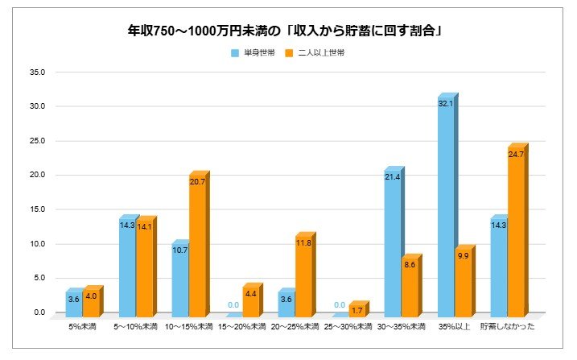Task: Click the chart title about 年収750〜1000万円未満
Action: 288,32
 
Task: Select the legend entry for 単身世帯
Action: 250,52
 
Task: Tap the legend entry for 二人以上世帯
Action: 321,52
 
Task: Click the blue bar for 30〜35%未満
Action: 392,242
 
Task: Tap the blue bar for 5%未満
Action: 73,303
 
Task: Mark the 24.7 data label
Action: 516,154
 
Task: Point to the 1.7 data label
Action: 357,309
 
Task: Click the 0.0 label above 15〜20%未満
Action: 233,305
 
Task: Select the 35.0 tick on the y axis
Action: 39,72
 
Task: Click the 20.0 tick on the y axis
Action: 39,175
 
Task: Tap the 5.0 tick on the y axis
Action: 40,278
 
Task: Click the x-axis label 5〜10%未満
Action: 138,327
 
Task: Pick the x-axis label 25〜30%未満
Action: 348,327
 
